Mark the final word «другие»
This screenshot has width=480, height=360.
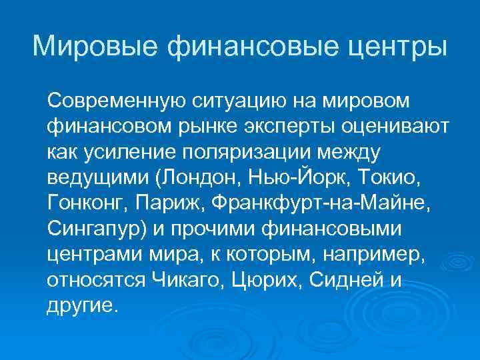(81, 305)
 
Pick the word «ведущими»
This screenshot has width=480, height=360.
(91, 178)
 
